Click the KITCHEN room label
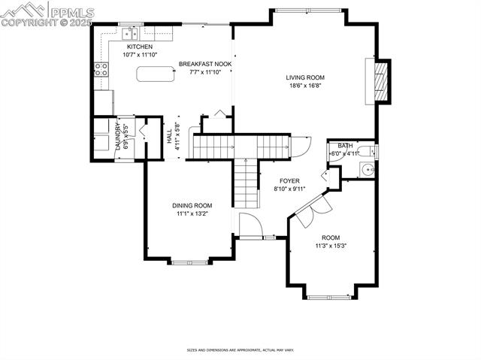pyautogui.click(x=139, y=47)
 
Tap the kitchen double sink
pyautogui.click(x=132, y=32)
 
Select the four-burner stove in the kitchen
pyautogui.click(x=101, y=70)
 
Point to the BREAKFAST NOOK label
pyautogui.click(x=204, y=65)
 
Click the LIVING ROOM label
pyautogui.click(x=304, y=77)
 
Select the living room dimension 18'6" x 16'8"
pyautogui.click(x=304, y=86)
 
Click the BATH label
pyautogui.click(x=345, y=146)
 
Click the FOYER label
pyautogui.click(x=289, y=181)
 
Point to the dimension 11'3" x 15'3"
pyautogui.click(x=331, y=246)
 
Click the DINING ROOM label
pyautogui.click(x=192, y=205)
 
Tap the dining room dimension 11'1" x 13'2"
pyautogui.click(x=192, y=213)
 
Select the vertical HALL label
pyautogui.click(x=168, y=137)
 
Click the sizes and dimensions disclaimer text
pyautogui.click(x=240, y=350)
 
